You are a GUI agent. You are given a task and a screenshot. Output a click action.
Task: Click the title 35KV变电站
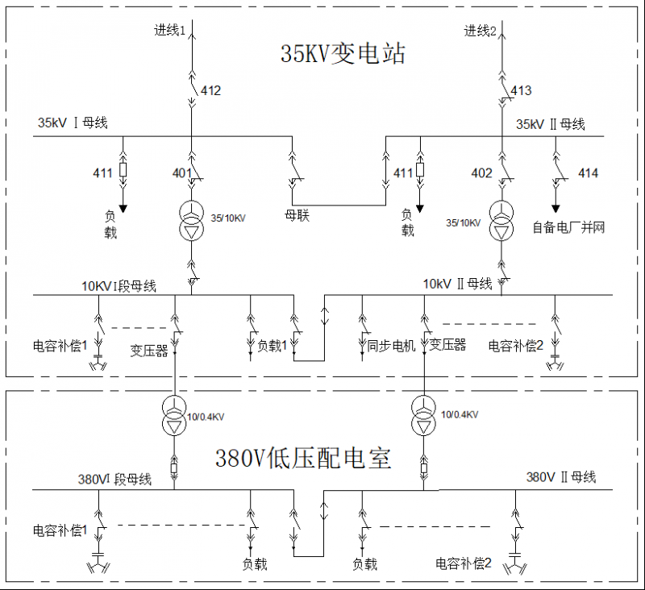343,54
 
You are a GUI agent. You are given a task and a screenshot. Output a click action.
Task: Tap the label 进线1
170,30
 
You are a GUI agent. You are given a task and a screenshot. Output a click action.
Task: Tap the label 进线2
481,31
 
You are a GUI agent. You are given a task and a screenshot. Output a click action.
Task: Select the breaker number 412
210,91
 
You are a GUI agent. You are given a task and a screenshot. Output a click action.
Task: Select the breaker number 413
521,91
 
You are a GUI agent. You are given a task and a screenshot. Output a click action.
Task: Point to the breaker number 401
182,173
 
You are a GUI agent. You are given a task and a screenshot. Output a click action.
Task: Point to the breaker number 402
481,173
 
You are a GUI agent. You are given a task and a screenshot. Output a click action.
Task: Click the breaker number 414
588,173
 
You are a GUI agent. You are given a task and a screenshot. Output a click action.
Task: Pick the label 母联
298,215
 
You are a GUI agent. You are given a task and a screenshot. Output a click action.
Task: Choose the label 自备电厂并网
568,227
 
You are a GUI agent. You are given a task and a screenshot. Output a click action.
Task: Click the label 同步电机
391,346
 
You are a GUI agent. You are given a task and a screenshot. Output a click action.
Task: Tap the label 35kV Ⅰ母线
73,123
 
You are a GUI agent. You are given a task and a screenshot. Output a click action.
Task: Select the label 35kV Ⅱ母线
551,124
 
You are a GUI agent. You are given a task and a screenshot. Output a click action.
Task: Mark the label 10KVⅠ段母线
119,286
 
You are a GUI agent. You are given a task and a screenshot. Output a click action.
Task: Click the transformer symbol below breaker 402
502,221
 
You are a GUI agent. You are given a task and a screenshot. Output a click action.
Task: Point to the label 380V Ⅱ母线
561,477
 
